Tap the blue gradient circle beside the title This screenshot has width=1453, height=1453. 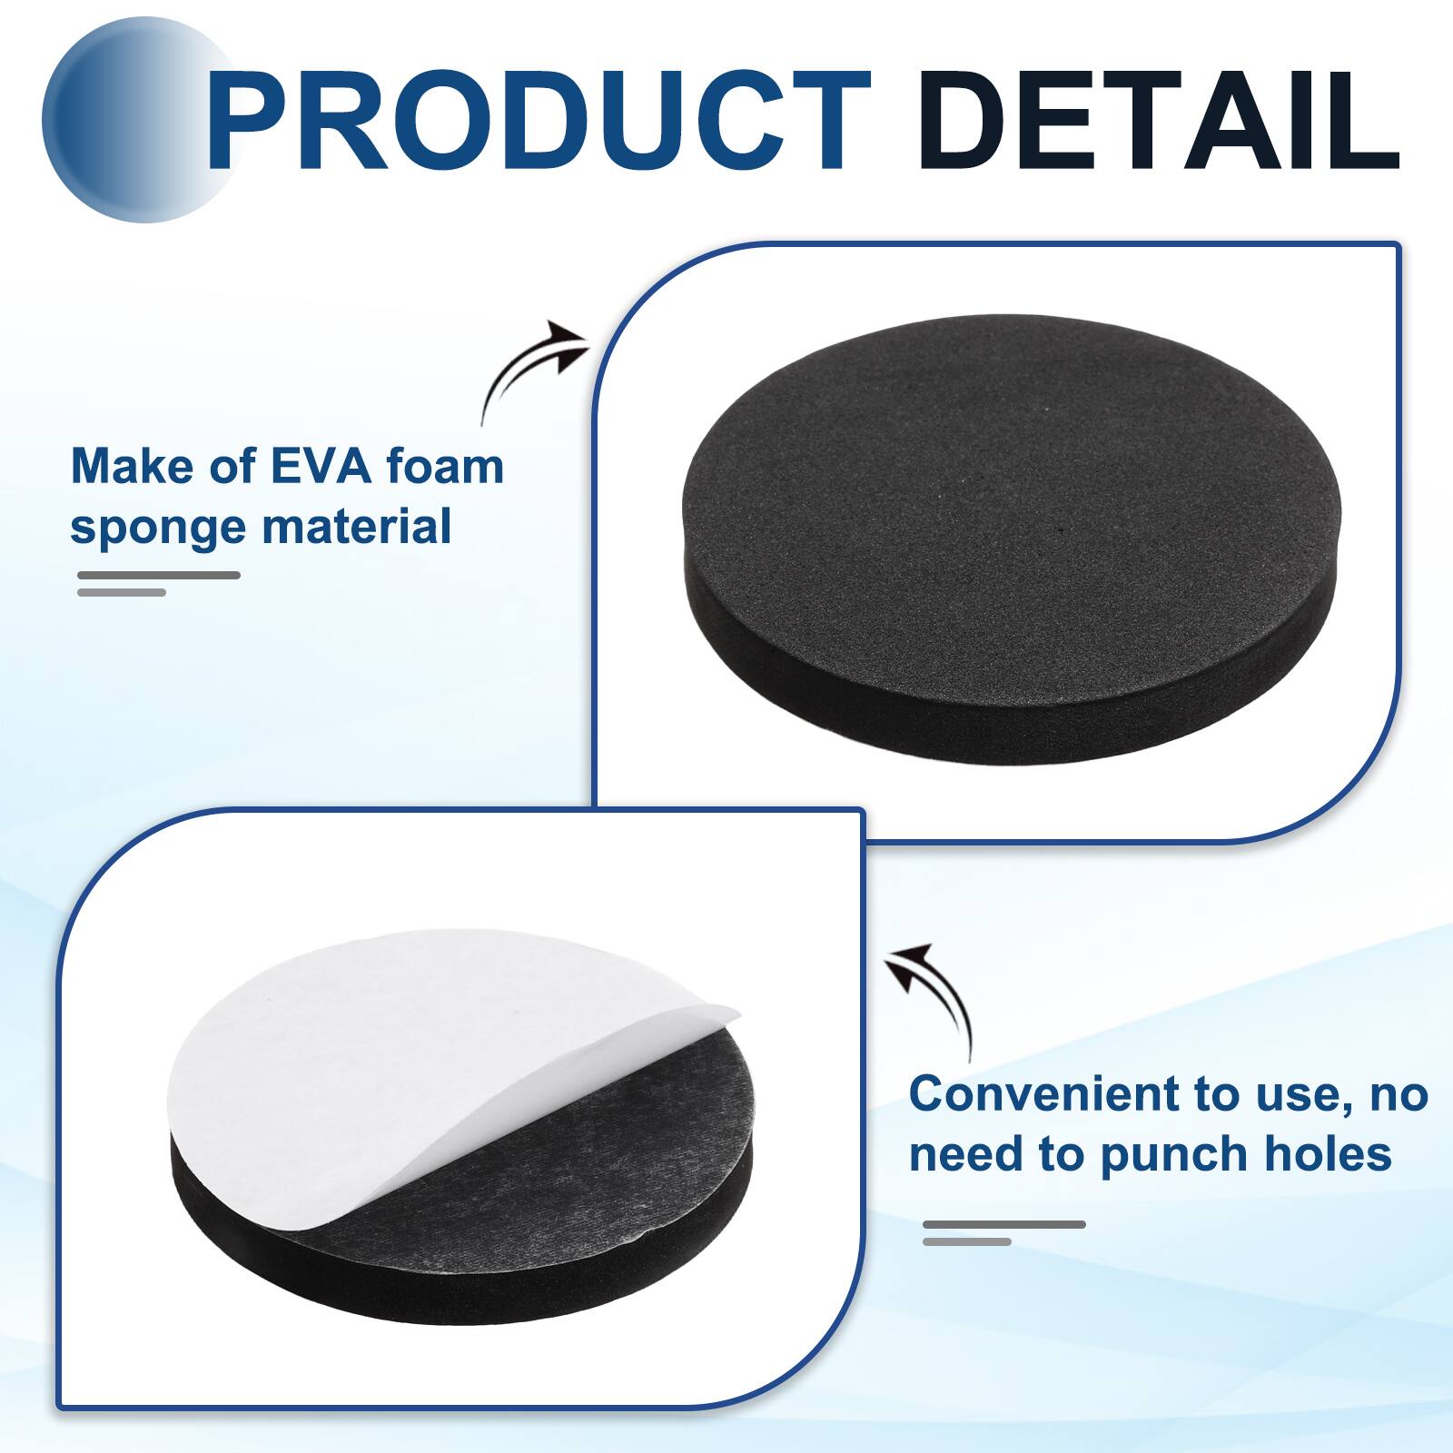click(x=127, y=123)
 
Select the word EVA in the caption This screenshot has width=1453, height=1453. click(x=321, y=467)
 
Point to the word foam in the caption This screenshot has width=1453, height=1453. click(x=444, y=467)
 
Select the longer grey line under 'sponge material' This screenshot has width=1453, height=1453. click(x=159, y=575)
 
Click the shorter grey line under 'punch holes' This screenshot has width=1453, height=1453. click(x=967, y=1241)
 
